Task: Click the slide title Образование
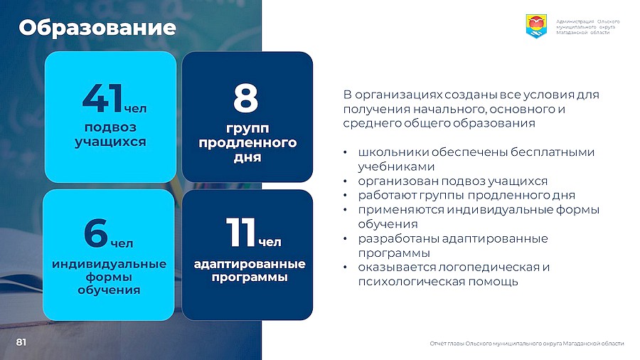pos(97,28)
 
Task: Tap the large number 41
pos(102,97)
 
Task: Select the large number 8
pos(246,97)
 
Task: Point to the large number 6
pos(96,233)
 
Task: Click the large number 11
pos(241,232)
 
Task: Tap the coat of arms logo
pos(536,26)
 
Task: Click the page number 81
pos(21,342)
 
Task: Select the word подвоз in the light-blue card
pos(110,128)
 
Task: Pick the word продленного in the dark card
pos(247,143)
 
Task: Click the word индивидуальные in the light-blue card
pos(109,264)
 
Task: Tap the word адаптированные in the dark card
pos(250,264)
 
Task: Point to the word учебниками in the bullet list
pos(396,166)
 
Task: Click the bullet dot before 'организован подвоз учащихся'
pos(345,181)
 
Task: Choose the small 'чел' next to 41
pos(135,109)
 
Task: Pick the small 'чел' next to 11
pos(270,242)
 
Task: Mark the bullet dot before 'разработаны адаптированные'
pos(345,239)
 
